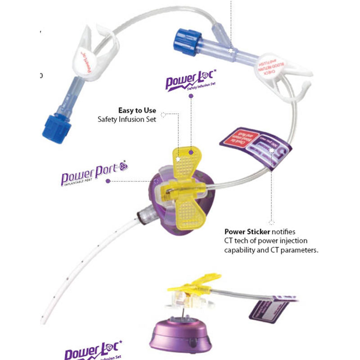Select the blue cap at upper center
[x=185, y=41]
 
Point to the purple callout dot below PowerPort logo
[x=108, y=181]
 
